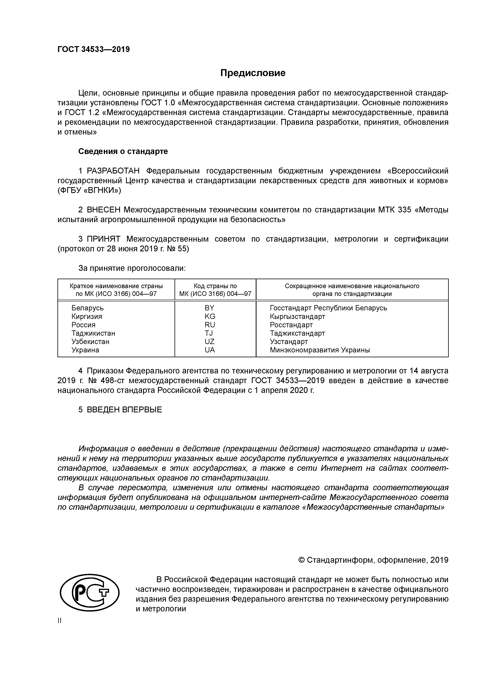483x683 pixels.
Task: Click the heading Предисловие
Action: [253, 73]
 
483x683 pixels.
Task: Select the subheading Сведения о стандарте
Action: [123, 151]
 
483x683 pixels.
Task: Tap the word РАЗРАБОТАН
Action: [113, 171]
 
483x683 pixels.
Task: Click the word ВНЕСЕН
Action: [104, 210]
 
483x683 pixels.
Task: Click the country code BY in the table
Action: [210, 308]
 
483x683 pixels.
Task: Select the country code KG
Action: [210, 316]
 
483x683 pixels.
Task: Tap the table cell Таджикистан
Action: [93, 333]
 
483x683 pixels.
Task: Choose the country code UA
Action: [210, 350]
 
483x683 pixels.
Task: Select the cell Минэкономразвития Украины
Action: [320, 350]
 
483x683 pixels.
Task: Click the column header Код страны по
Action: [215, 286]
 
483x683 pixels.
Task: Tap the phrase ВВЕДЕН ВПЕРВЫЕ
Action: [124, 410]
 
